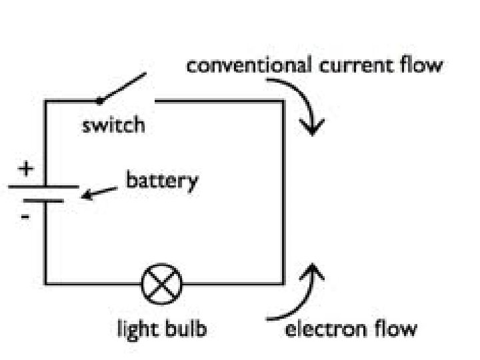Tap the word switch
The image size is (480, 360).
tap(113, 125)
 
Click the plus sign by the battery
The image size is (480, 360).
tap(25, 169)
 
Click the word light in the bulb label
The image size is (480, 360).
tap(137, 329)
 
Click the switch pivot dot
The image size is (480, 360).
tap(99, 101)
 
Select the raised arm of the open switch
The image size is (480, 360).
tap(122, 89)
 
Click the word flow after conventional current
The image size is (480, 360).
tap(425, 66)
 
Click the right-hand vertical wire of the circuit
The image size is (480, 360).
tap(283, 193)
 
